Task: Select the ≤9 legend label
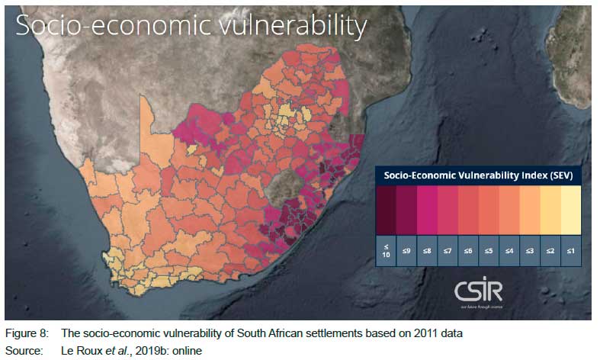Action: (x=406, y=249)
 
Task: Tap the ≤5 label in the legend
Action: (x=489, y=249)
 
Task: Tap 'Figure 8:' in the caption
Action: (x=27, y=333)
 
